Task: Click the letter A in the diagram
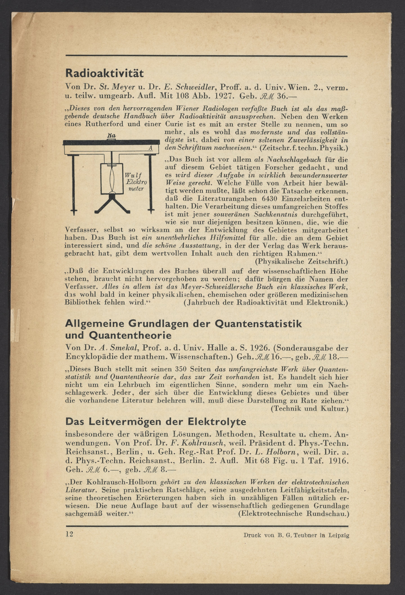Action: pyautogui.click(x=150, y=148)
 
